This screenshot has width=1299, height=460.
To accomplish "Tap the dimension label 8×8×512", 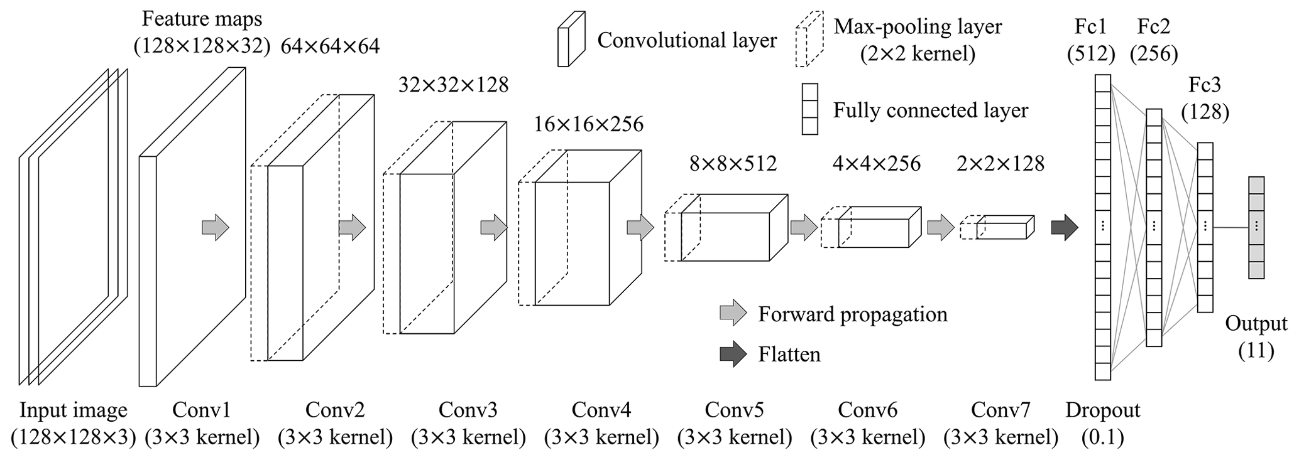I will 733,164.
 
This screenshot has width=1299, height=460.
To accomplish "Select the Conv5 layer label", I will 734,424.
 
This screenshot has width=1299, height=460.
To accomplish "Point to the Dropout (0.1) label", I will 1102,424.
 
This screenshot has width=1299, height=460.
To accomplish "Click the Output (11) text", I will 1256,337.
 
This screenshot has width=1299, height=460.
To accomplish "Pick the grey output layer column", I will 1256,227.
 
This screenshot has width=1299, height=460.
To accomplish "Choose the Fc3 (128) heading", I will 1205,99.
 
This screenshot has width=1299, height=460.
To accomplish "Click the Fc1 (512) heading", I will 1090,40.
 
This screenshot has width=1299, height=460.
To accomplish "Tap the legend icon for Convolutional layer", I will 571,39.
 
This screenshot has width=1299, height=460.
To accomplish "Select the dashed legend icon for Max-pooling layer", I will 809,39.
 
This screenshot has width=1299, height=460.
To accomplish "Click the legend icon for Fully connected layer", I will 809,109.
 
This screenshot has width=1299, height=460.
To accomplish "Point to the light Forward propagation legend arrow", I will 733,313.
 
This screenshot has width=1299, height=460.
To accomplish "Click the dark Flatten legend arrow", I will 733,354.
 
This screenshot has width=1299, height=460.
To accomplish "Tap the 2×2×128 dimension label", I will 1000,164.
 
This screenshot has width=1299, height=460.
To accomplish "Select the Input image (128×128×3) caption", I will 74,424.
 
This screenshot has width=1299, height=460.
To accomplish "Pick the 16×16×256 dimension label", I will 588,124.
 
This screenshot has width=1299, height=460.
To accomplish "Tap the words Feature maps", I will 202,19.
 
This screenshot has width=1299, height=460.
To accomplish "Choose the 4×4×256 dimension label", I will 876,164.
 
